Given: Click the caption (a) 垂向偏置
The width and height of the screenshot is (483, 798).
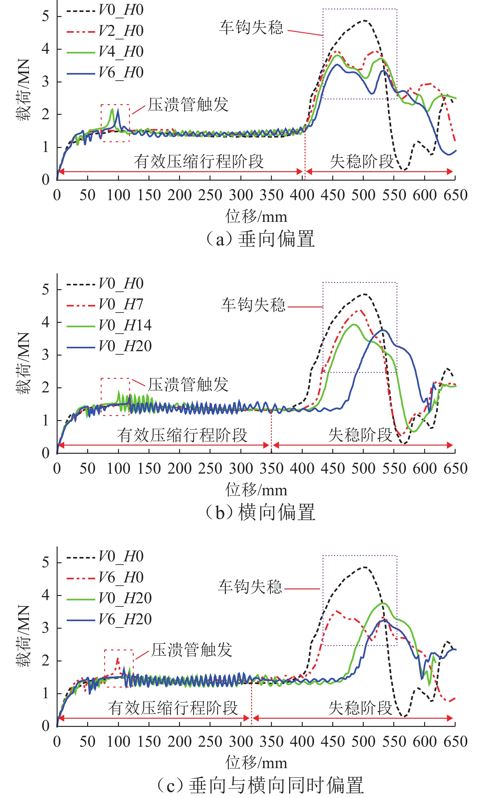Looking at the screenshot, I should [x=260, y=239].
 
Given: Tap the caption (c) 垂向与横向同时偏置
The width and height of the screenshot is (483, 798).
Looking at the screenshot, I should [x=260, y=785].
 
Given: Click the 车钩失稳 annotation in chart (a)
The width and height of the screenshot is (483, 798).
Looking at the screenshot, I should [x=251, y=27].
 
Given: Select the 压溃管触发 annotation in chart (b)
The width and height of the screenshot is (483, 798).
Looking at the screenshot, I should [x=188, y=385].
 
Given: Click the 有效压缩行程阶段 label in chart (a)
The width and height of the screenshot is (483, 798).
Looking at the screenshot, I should [x=199, y=161].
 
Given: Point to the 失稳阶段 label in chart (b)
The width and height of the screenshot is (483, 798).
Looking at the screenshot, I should [x=360, y=435].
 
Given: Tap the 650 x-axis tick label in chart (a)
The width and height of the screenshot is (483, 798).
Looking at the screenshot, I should [x=455, y=195].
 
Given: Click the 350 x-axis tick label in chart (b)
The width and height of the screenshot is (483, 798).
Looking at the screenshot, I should [x=271, y=469].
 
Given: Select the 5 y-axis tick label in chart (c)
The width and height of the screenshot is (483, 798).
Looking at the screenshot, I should [x=46, y=563].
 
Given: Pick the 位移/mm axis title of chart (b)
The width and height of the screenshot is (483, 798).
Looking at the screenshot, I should [x=256, y=490].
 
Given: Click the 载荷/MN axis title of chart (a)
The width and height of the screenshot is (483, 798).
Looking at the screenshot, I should [x=23, y=90].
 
